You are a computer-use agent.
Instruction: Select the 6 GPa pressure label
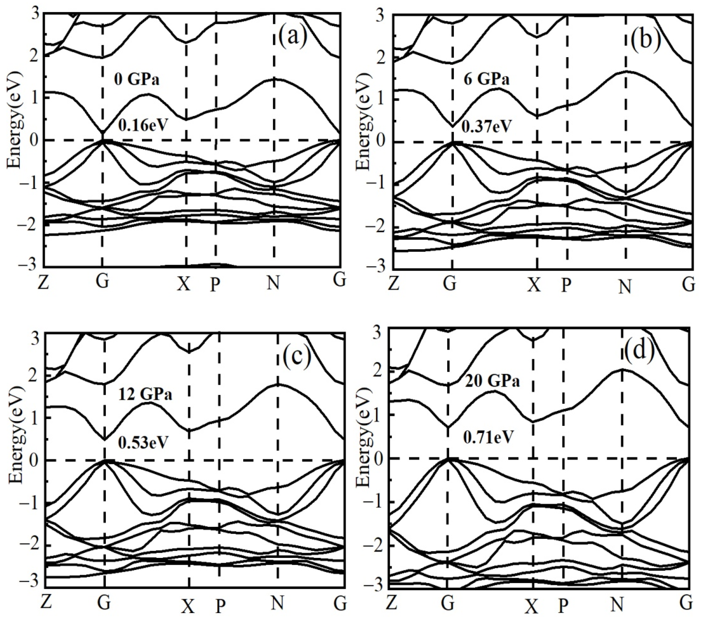[x=486, y=80]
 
